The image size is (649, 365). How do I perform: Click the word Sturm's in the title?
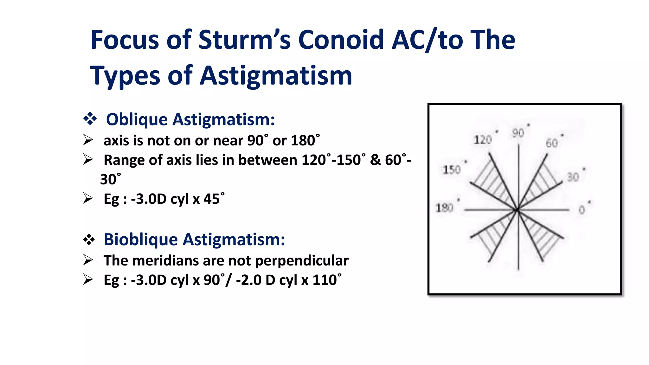coord(244,40)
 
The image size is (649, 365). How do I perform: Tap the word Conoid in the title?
coord(341,40)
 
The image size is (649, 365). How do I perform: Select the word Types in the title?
coord(125,76)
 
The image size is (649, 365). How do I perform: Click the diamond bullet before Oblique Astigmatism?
coord(90,119)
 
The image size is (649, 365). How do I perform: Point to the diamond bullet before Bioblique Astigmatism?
coord(89,239)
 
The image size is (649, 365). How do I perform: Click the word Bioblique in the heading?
coord(141,239)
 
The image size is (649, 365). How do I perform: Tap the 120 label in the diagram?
coord(482,140)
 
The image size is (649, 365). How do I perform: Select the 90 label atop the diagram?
coord(518,133)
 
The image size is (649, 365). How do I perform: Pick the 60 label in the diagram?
coord(552,143)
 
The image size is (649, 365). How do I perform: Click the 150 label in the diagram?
coord(452,170)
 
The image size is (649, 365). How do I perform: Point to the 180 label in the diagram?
coord(444,208)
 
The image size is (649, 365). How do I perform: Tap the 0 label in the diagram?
coord(582,210)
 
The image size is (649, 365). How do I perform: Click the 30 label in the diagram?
coord(573,177)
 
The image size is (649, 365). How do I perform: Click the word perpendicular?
coord(302,261)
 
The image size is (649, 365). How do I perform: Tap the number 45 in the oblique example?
coord(211,199)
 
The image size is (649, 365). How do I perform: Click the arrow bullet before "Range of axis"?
coord(88,159)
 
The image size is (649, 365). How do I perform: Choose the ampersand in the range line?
coord(375,160)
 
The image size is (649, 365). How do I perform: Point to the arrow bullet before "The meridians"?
coord(88,260)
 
